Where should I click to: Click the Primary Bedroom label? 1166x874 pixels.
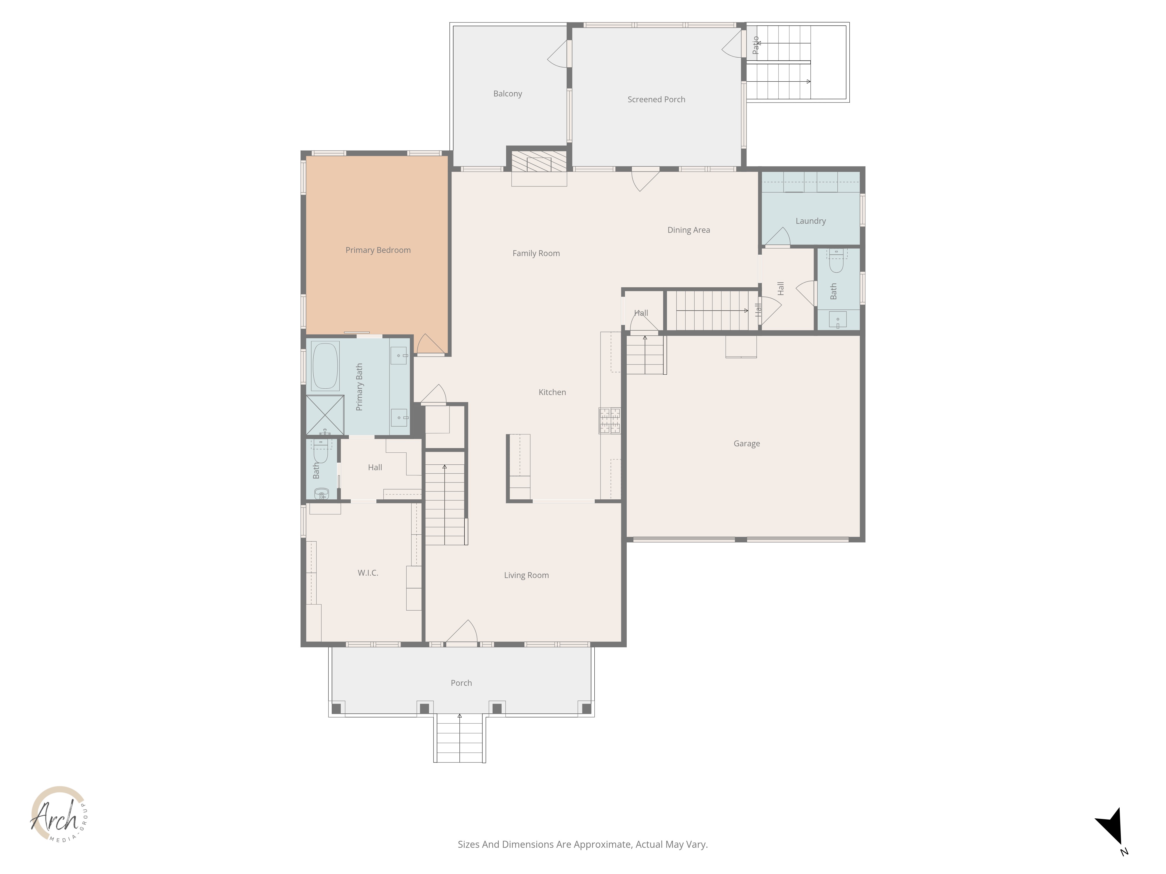[378, 250]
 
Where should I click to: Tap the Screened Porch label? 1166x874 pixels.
[656, 100]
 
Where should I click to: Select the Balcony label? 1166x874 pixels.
[508, 94]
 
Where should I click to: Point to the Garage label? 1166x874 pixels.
[747, 444]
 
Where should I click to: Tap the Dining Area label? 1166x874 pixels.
[689, 230]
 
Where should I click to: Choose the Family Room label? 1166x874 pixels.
[536, 253]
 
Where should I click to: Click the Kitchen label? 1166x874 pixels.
[552, 392]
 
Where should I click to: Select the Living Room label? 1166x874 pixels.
[526, 575]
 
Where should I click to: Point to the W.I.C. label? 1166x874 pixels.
[368, 573]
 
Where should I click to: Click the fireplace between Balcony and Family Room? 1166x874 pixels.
[539, 161]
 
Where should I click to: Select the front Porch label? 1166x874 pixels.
[461, 683]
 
